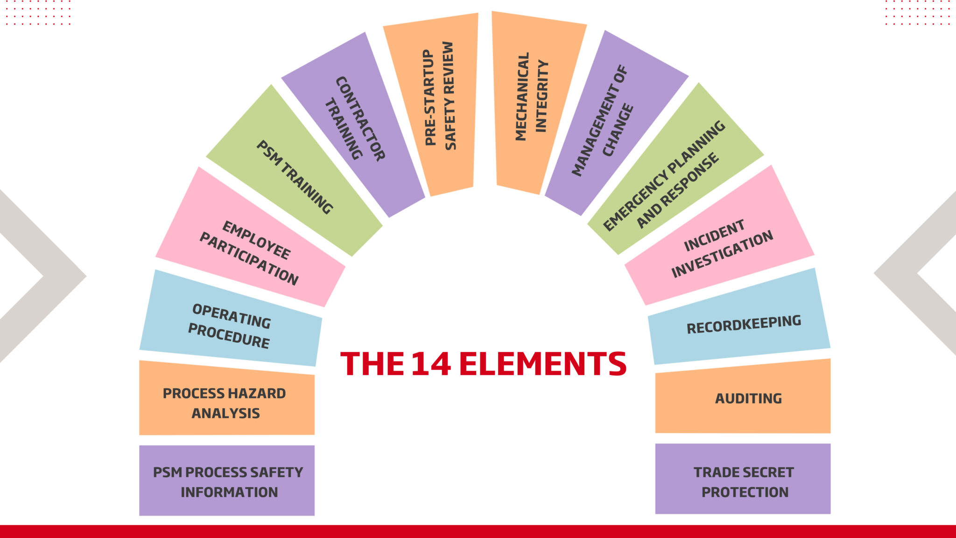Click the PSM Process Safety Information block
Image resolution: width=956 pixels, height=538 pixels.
click(227, 481)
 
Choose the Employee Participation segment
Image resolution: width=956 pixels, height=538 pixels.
click(250, 237)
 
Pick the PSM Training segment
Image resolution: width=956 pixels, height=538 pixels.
click(294, 171)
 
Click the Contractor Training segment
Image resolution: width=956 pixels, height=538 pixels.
click(353, 125)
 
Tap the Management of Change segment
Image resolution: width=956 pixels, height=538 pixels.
click(617, 123)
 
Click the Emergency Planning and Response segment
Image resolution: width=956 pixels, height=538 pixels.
click(675, 169)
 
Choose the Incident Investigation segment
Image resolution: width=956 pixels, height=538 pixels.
click(719, 235)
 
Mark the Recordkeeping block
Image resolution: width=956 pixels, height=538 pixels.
click(739, 317)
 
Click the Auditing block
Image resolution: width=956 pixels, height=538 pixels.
click(743, 396)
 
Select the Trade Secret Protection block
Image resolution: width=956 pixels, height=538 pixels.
click(743, 479)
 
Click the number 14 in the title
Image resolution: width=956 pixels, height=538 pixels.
click(431, 364)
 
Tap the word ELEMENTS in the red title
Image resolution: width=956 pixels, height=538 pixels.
click(543, 364)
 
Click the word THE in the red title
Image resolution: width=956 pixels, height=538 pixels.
click(372, 364)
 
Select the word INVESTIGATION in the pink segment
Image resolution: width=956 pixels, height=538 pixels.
click(722, 255)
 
